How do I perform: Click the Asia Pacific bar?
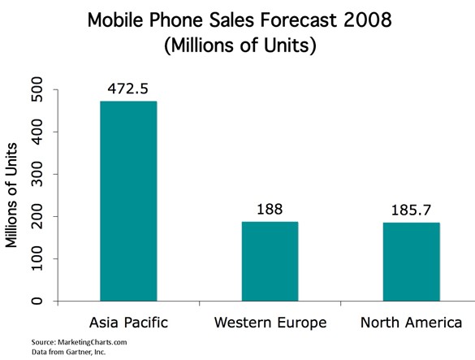coord(128,202)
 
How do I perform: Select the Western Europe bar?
coord(270,261)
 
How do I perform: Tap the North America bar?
coord(410,262)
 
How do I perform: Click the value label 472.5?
coord(129,88)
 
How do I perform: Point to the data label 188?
coord(270,209)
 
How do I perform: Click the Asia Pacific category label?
coord(128,323)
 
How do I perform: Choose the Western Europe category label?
coord(270,323)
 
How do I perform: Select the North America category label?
coord(410,323)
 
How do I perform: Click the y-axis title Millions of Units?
coord(13,194)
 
